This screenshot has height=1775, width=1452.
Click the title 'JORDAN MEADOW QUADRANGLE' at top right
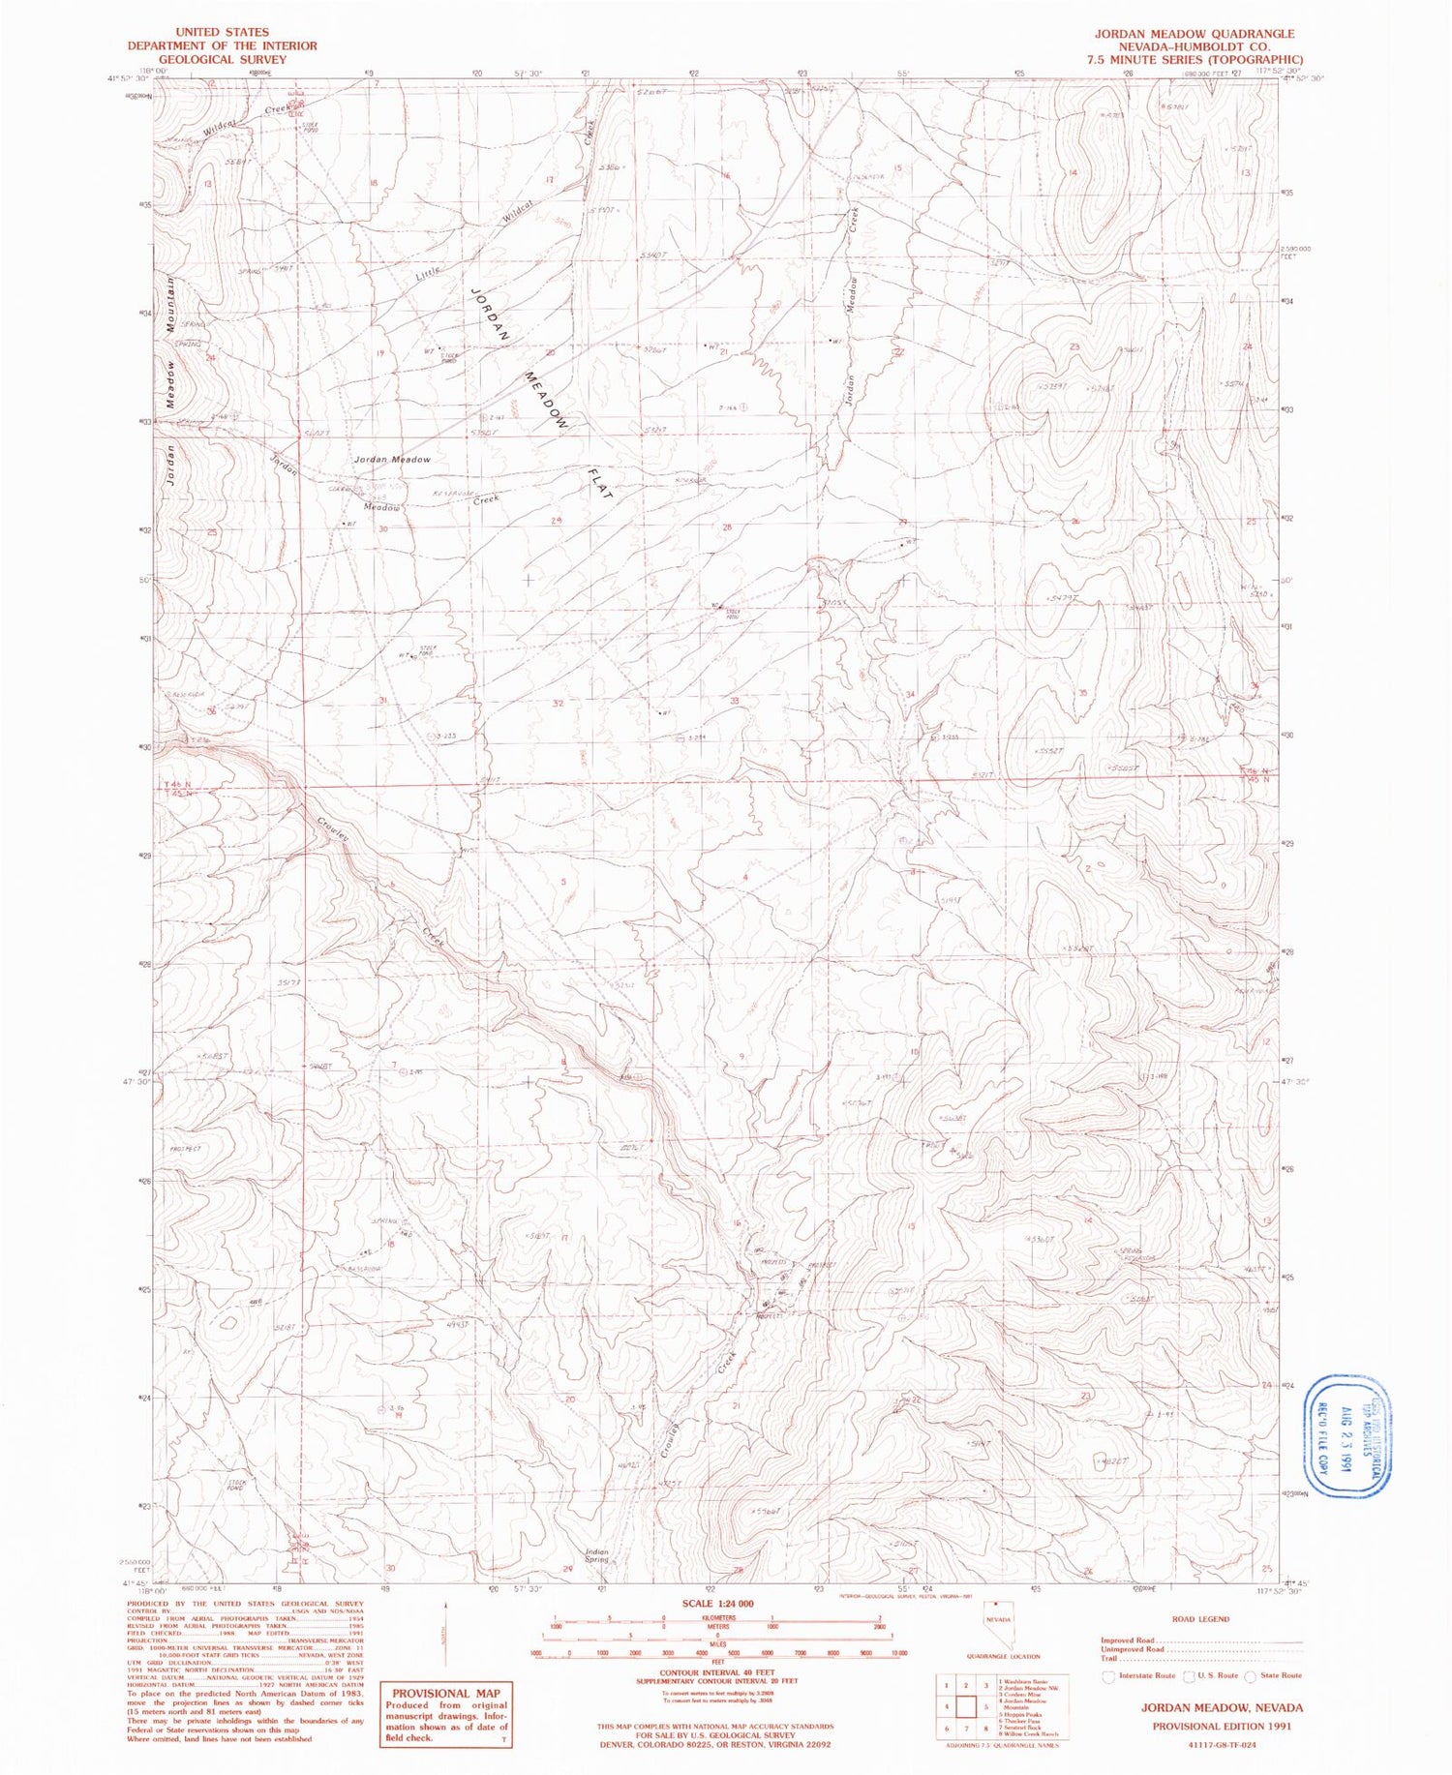click(x=1194, y=33)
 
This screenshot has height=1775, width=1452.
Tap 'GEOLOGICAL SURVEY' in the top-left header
click(x=222, y=59)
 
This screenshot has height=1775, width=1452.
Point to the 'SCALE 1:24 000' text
click(x=717, y=1603)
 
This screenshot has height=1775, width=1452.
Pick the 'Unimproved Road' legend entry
click(x=1133, y=1649)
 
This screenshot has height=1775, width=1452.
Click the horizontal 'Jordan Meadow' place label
click(x=392, y=459)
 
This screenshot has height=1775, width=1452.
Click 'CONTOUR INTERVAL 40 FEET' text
click(x=717, y=1671)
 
